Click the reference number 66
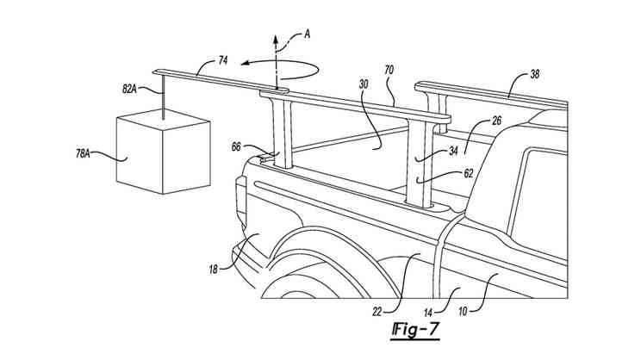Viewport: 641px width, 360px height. [x=235, y=146]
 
